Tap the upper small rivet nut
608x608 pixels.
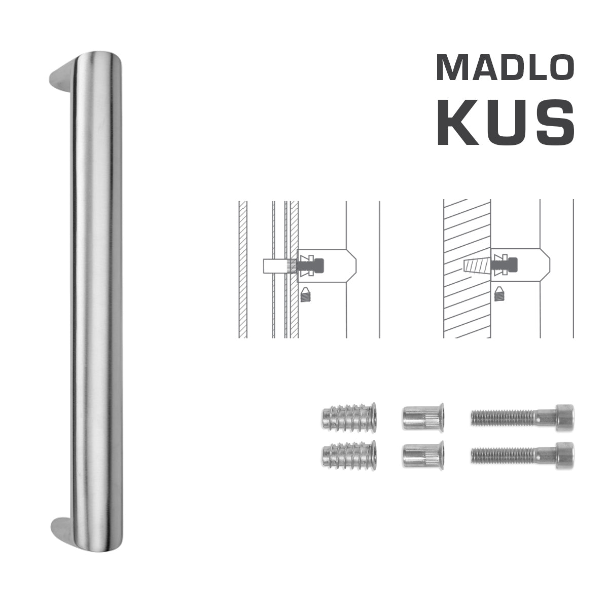[423, 417]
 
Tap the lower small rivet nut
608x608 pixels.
[423, 454]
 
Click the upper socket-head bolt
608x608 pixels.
[522, 417]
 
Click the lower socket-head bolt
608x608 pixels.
[522, 454]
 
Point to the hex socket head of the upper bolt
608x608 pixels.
[563, 417]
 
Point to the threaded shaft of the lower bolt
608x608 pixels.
[502, 454]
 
